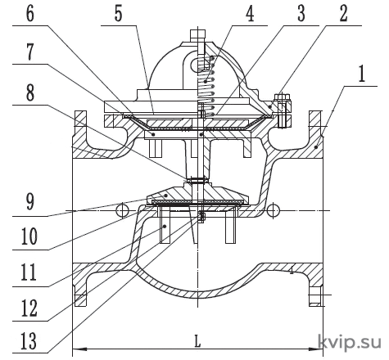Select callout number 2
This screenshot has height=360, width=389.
(x=343, y=13)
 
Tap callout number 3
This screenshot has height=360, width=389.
(x=301, y=13)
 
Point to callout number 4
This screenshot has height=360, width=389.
(x=250, y=13)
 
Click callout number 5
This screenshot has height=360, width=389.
(x=118, y=13)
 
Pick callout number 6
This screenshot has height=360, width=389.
(x=30, y=13)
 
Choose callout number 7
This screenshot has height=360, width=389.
(x=30, y=52)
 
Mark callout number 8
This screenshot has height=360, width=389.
(x=30, y=92)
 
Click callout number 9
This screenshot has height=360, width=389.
(x=30, y=202)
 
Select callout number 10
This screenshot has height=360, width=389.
(x=29, y=236)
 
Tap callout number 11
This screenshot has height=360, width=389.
(x=29, y=272)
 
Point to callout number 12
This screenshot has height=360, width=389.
(x=29, y=308)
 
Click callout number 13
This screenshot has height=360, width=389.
(x=29, y=341)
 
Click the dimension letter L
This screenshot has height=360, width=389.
(x=197, y=341)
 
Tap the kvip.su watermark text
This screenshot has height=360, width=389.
(x=350, y=341)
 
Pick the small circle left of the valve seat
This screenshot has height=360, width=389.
(x=123, y=210)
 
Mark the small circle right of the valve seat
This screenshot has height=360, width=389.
(x=273, y=210)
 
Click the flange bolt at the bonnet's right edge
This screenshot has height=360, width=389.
(x=283, y=110)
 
